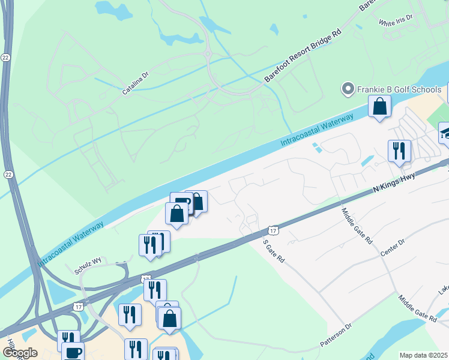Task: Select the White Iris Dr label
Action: [x=396, y=20]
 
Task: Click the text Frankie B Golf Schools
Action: [x=400, y=90]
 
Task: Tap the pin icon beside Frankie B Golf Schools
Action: [x=347, y=90]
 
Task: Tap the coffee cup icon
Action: [x=73, y=352]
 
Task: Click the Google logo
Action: [x=20, y=353]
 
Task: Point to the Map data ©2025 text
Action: [x=424, y=355]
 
